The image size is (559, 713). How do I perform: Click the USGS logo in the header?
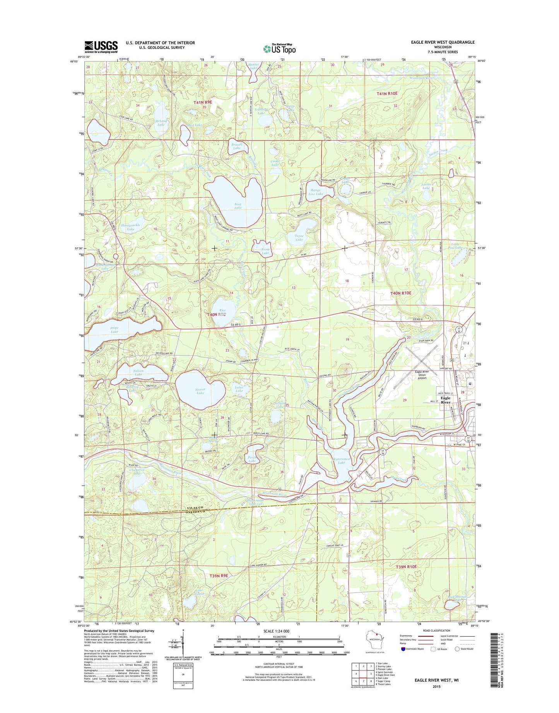coord(101,47)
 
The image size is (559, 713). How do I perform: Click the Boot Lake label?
coord(238,206)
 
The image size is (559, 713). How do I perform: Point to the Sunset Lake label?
coord(200,391)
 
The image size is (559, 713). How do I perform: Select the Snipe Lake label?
coord(115,330)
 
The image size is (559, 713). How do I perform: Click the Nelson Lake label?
coord(138,373)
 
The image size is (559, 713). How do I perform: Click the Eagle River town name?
coord(445,400)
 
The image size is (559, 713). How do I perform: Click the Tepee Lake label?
coord(299,238)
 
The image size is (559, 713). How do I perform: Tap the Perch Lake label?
coord(252,459)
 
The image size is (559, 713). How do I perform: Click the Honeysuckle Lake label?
coord(131,227)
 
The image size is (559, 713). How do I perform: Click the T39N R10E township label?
coord(406,567)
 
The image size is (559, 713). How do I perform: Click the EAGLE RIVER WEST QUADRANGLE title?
coord(437,42)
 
